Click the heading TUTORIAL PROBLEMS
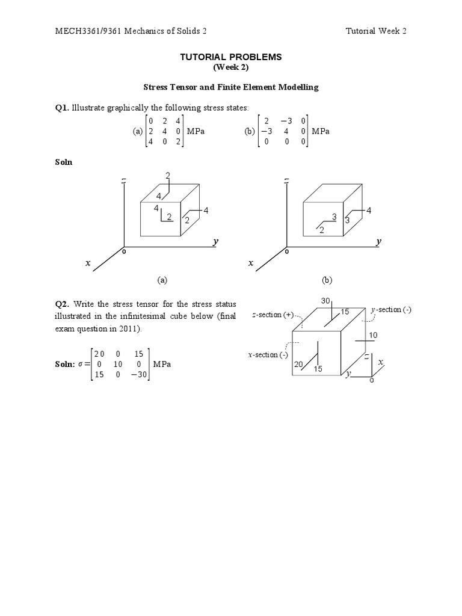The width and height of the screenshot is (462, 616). [x=231, y=57]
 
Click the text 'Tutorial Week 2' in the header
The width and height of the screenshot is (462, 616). [x=376, y=31]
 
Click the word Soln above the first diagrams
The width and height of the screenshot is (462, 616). [x=64, y=162]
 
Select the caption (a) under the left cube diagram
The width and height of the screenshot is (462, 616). [x=161, y=280]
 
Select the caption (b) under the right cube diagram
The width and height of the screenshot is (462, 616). [x=327, y=280]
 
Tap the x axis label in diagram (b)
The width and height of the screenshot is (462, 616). [x=251, y=263]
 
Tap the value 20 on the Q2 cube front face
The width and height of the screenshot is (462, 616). [x=298, y=364]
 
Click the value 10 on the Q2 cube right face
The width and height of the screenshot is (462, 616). [x=373, y=334]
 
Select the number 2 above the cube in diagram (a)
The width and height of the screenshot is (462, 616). [x=168, y=175]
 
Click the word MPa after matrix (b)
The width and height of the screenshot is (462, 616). [x=321, y=131]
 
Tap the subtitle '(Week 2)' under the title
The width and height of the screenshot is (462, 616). [x=231, y=67]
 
